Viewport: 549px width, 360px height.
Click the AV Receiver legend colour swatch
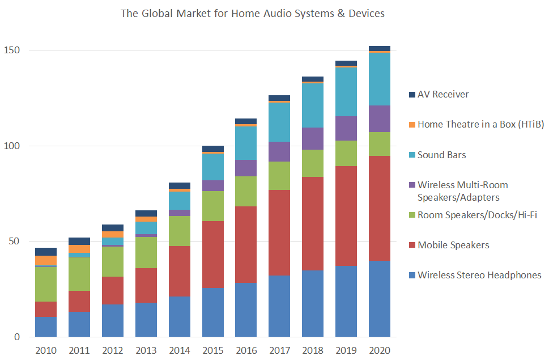pyautogui.click(x=412, y=95)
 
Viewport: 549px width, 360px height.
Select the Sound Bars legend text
pyautogui.click(x=441, y=155)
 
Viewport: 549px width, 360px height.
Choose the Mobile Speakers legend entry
pyautogui.click(x=453, y=245)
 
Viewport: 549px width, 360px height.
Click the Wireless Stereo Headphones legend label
pyautogui.click(x=479, y=275)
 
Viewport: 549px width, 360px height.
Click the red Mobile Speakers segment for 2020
pyautogui.click(x=380, y=208)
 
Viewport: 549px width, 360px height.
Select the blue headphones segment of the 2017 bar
pyautogui.click(x=279, y=306)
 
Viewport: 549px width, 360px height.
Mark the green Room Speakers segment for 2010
pyautogui.click(x=46, y=284)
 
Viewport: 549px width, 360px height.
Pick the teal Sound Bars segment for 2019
pyautogui.click(x=346, y=92)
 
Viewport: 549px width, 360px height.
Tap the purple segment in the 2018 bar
pyautogui.click(x=313, y=138)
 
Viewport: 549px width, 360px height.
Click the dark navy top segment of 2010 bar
pyautogui.click(x=46, y=252)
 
